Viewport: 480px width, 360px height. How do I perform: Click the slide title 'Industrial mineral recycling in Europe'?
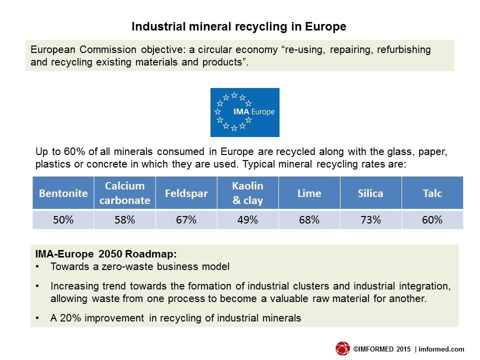(x=239, y=26)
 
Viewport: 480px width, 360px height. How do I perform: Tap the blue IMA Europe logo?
(x=245, y=112)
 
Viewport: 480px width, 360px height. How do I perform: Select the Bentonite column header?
(x=63, y=193)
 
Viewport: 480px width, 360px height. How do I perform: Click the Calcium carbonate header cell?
(x=125, y=193)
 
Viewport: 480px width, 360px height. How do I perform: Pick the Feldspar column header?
(x=186, y=193)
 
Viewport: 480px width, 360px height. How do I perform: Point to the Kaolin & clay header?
(x=248, y=193)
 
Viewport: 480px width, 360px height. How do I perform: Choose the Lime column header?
(x=309, y=193)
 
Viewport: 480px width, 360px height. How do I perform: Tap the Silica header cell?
(x=370, y=193)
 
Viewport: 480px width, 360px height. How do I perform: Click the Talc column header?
(x=432, y=193)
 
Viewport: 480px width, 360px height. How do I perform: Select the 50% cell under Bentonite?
(x=63, y=219)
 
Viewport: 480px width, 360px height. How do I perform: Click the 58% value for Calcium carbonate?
(x=125, y=219)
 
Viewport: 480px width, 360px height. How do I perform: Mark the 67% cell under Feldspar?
(x=186, y=219)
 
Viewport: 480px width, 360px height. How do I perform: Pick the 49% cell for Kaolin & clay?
(x=248, y=219)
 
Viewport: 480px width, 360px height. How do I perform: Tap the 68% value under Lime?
(x=309, y=219)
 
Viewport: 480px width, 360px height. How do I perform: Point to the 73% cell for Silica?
(x=370, y=219)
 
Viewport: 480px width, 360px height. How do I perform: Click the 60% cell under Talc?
(x=432, y=219)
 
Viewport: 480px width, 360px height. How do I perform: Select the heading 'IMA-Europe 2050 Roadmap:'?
(x=106, y=254)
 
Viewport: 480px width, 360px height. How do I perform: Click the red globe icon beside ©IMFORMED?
(x=342, y=348)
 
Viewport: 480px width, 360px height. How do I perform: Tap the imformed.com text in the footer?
(x=441, y=349)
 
